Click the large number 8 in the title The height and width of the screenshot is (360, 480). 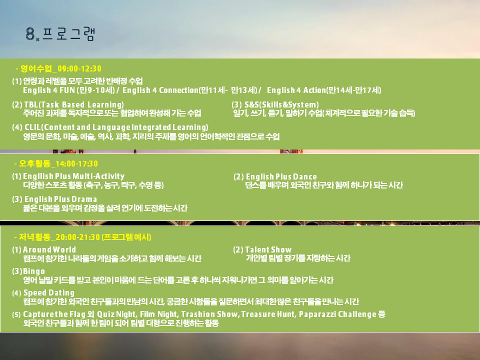30,33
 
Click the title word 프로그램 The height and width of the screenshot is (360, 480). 68,33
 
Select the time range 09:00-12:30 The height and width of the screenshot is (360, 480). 79,68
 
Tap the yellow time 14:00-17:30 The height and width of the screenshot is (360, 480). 76,164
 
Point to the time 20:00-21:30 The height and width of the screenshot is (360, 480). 78,237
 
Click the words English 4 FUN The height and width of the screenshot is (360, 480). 49,90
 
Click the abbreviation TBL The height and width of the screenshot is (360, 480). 31,104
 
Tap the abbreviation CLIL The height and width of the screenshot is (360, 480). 32,127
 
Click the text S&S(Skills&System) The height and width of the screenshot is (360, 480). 281,104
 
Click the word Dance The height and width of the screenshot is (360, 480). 305,176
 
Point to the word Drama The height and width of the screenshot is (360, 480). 84,199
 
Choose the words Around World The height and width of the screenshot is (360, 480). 49,250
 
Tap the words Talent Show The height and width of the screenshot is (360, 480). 268,250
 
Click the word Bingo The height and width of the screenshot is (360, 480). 34,271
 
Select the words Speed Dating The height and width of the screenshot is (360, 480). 49,293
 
